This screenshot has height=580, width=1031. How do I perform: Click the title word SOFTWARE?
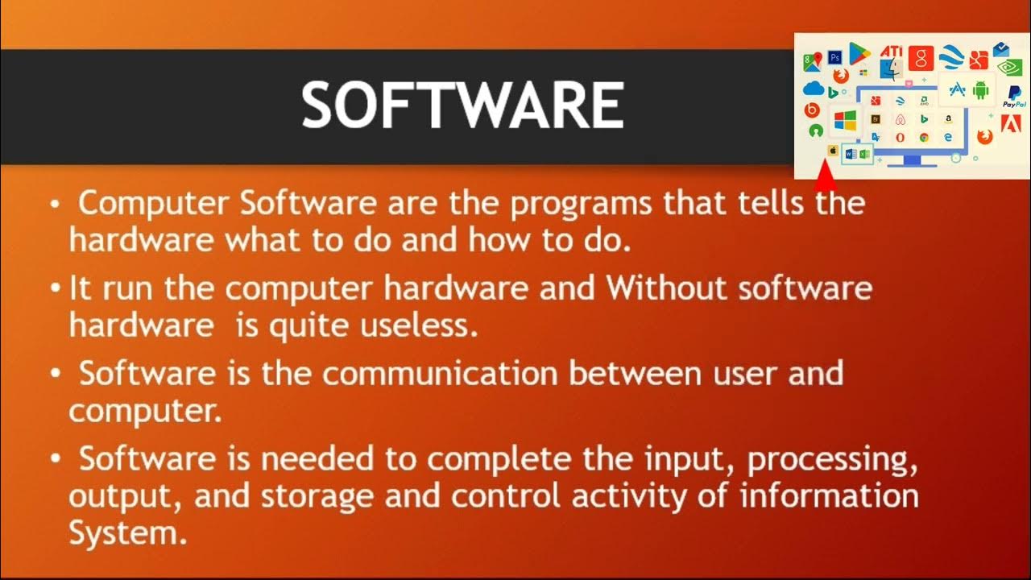pos(462,106)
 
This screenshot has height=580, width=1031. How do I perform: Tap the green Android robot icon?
pos(980,90)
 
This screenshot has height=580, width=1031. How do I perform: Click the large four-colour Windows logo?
pos(845,122)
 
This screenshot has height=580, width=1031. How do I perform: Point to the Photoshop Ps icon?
pos(835,58)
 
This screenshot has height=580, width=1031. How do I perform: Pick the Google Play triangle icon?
pos(859,54)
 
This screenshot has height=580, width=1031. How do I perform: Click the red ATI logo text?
pos(891,52)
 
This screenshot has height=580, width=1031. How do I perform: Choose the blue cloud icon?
pos(813,89)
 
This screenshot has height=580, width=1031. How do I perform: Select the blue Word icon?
pos(851,153)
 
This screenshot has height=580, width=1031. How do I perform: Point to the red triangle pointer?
pos(825,172)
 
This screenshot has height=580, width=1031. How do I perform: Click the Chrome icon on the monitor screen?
pos(924,137)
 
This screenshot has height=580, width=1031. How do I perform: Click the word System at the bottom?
pos(127,532)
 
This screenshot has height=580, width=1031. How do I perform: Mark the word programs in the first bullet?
pos(580,204)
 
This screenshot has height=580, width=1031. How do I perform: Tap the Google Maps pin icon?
pos(812,61)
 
